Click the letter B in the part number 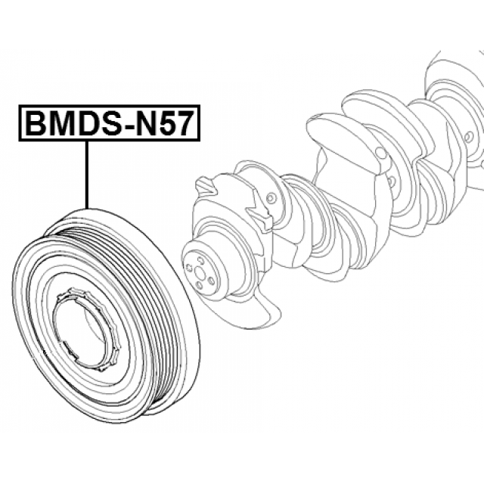pos(36,123)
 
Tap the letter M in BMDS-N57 pos(62,123)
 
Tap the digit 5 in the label pos(167,123)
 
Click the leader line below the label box pos(87,175)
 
